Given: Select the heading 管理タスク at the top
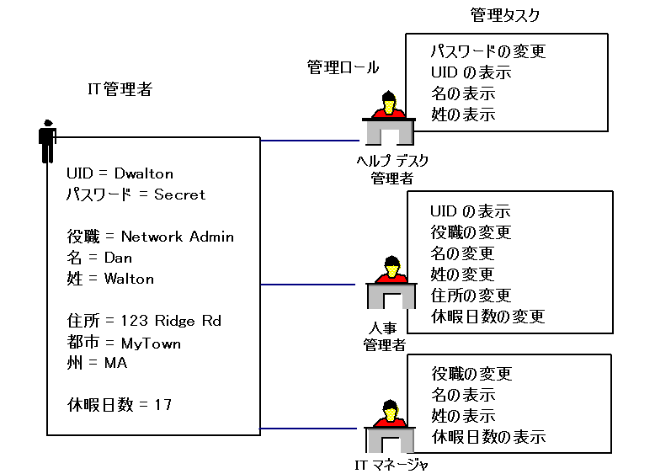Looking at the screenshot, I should coord(504,15).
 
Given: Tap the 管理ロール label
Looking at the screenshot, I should coord(343,68).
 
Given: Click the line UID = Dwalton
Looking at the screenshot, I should coord(120,174).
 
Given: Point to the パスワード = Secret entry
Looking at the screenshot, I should coord(136,194).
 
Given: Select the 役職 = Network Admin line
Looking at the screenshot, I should coord(150,237).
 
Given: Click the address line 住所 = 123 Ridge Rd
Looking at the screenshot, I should coord(143,321).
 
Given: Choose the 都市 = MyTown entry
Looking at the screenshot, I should coord(124,343).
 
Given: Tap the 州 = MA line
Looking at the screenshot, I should coord(97,363).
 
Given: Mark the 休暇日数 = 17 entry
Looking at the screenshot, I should coord(119,405).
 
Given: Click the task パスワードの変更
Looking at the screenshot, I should coord(487,51).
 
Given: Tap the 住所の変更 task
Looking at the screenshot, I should coord(471,296).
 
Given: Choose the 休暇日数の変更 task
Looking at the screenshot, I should coord(487,317).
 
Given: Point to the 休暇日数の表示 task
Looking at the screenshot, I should coord(488,437).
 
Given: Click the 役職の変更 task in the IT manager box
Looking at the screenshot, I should coord(471,374).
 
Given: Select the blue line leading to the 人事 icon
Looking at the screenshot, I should coord(312,285).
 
